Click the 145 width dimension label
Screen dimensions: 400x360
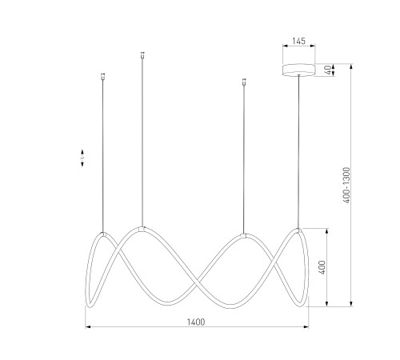298,41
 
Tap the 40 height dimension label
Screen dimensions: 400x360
329,70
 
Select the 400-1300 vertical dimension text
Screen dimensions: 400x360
346,185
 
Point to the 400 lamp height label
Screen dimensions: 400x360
322,267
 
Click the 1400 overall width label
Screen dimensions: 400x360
196,322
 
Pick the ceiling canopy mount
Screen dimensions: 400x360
298,70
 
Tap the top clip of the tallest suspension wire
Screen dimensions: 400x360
142,55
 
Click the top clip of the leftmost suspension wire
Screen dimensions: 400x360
103,77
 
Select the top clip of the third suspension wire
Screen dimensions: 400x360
243,82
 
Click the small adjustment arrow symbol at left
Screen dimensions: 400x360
82,158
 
